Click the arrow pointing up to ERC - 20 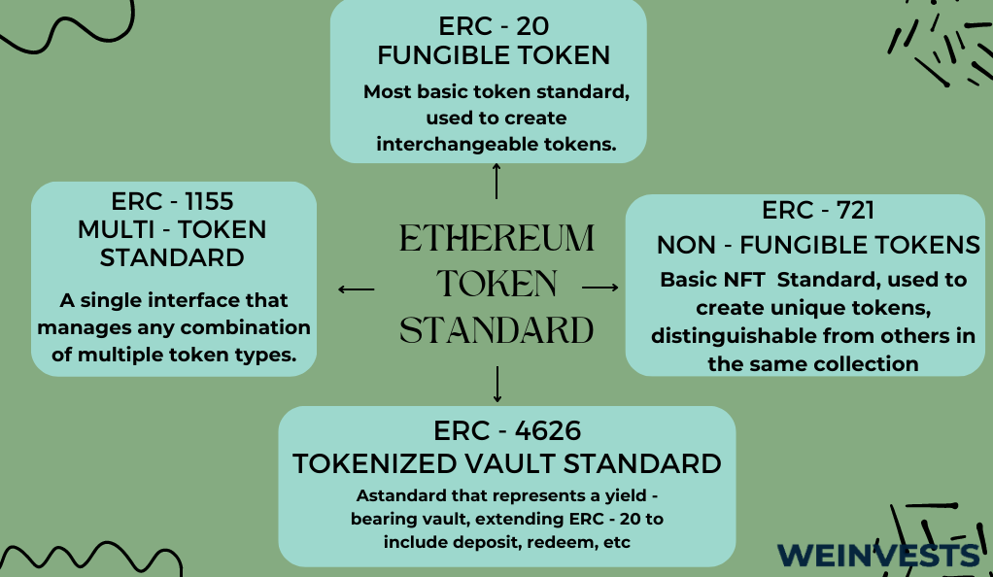(x=496, y=181)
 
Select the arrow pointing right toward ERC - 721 (x=599, y=288)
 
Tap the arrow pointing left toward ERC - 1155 (x=356, y=289)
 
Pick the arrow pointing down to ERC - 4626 (x=497, y=384)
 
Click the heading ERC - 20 (x=494, y=26)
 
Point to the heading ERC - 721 (x=817, y=210)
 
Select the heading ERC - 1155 (x=172, y=201)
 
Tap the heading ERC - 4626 (x=506, y=430)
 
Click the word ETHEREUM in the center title (x=496, y=238)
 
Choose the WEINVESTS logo (x=877, y=556)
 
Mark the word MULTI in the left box (x=116, y=229)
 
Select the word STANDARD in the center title (x=496, y=330)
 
